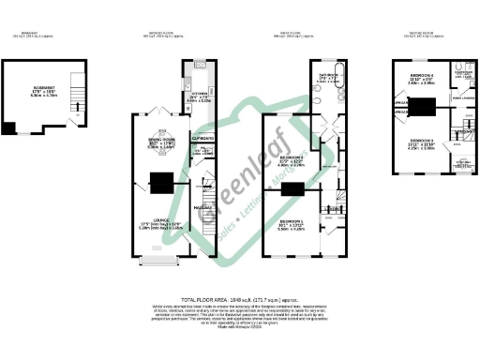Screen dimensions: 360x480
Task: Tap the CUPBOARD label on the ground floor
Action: pyautogui.click(x=201, y=137)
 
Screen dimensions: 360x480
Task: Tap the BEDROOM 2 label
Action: pyautogui.click(x=292, y=158)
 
